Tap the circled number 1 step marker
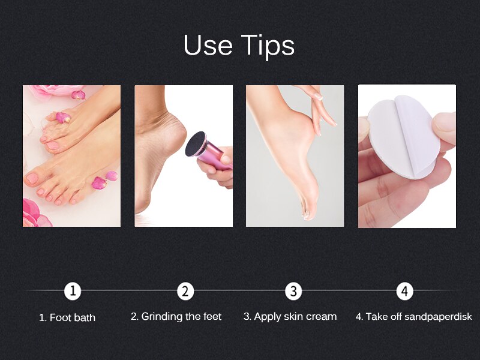pos(73,292)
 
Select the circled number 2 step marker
pos(185,292)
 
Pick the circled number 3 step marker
pos(293,292)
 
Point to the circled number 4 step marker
pos(405,292)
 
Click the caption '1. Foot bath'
pos(67,317)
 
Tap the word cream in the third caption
pos(322,316)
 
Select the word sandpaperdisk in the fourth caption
pos(442,317)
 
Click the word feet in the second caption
pos(212,316)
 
